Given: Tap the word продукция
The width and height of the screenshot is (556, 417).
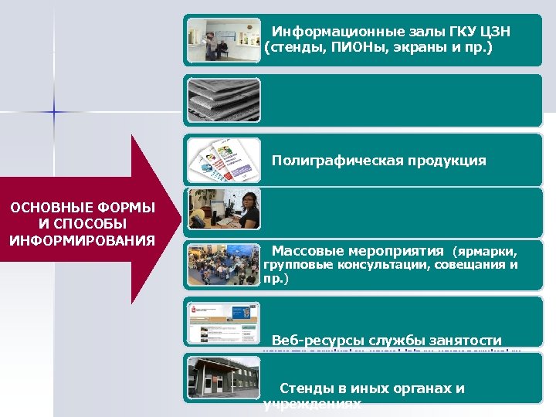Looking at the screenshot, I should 449,161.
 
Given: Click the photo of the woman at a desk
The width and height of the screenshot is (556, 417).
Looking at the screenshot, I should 225,208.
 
